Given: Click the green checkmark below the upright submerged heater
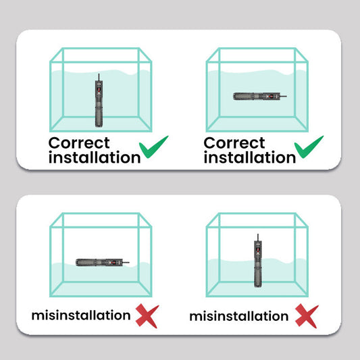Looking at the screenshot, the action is tap(153, 148).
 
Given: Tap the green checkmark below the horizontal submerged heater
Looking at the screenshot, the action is tap(309, 148).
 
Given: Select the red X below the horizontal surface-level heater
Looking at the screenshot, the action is tap(147, 315).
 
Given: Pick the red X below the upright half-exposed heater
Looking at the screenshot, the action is tap(307, 315).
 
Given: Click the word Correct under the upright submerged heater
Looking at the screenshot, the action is tap(79, 143).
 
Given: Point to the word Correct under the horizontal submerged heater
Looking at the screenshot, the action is tap(234, 143).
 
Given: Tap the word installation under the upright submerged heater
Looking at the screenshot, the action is tap(95, 157).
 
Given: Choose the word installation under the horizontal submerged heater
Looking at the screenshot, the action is tap(250, 157).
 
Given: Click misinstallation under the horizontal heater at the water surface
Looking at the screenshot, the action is tap(81, 315).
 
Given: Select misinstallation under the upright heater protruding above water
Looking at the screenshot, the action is tap(239, 316).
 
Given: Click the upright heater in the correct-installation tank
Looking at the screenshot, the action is tap(99, 101).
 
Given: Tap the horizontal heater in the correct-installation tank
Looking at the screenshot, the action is tap(259, 96).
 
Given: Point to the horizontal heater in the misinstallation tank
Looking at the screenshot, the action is tap(103, 263).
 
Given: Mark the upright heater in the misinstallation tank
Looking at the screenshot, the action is tap(258, 261).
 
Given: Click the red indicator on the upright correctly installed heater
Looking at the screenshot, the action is tap(99, 89).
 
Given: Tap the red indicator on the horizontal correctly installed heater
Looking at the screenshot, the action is tap(270, 96).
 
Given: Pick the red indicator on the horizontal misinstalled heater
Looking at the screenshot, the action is tap(113, 263).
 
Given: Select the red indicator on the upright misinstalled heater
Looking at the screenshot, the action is tap(258, 249).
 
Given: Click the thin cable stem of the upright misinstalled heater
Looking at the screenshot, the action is tap(258, 237).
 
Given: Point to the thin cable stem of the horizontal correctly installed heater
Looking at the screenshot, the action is tap(283, 96).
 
